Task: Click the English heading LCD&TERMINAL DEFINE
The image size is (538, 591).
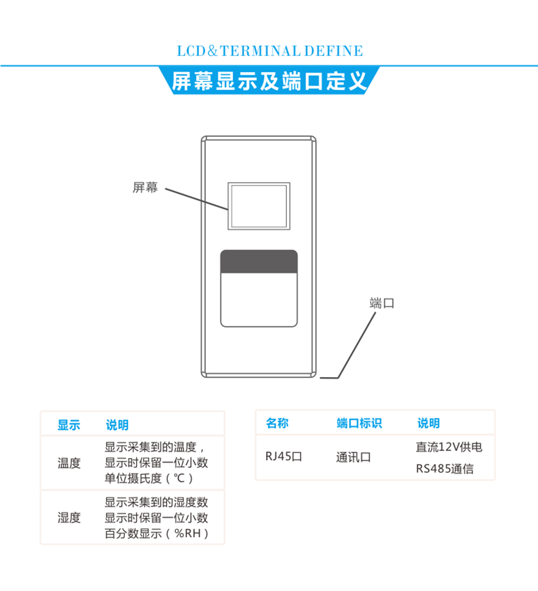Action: (x=270, y=51)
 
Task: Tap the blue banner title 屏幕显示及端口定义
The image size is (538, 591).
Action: (x=269, y=81)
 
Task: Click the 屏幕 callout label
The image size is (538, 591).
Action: (x=145, y=187)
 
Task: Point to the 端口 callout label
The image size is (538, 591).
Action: (x=382, y=303)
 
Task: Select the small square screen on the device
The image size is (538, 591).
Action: (x=259, y=206)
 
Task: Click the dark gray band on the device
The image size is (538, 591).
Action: (x=259, y=261)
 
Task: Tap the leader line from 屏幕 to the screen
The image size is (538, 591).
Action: (x=197, y=199)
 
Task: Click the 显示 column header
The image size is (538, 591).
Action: (x=69, y=425)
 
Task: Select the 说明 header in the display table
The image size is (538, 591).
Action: (x=117, y=425)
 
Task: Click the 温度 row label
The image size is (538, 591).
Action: (x=69, y=463)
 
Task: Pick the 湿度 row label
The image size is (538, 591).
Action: (x=69, y=518)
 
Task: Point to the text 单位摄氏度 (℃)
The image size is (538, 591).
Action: (x=149, y=479)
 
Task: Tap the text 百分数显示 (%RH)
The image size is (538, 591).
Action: (x=156, y=534)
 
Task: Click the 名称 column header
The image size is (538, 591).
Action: (x=277, y=423)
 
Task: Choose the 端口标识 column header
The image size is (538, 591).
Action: (x=359, y=423)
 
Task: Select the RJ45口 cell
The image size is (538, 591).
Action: (x=284, y=457)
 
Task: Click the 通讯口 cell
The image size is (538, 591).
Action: (x=353, y=457)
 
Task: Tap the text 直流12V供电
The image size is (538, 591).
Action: (x=449, y=447)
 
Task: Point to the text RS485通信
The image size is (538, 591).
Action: (x=444, y=469)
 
